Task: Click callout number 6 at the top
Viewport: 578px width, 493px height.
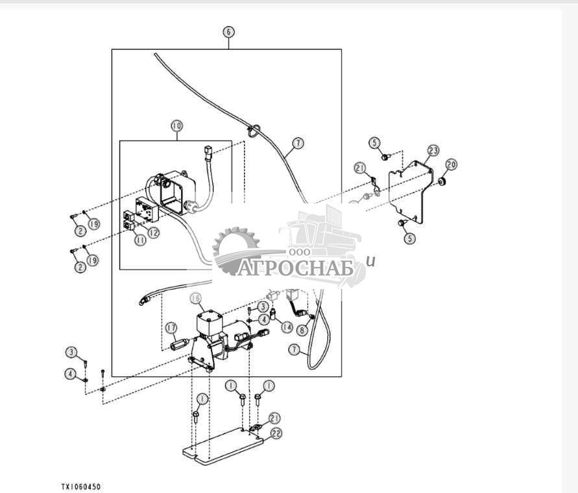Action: point(228,32)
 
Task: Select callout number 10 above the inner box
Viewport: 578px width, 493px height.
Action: point(177,126)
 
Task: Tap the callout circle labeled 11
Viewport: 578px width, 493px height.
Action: point(140,240)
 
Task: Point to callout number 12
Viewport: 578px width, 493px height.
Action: point(154,232)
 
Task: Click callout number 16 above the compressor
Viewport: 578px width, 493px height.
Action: point(196,299)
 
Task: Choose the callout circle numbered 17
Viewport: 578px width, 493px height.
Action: point(171,328)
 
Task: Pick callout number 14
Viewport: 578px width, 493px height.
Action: point(287,327)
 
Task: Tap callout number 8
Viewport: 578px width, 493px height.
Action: point(302,330)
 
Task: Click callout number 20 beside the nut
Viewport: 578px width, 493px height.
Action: point(452,164)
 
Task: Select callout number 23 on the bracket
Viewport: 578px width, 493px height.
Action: point(433,150)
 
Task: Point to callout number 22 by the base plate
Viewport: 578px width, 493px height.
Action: point(276,433)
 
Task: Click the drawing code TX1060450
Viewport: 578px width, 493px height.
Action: point(80,487)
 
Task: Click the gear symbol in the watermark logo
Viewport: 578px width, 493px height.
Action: point(236,250)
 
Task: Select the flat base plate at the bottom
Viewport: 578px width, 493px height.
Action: point(223,446)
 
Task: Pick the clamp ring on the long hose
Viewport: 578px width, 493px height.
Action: point(253,131)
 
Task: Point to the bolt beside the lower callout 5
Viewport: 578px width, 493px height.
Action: point(402,223)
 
